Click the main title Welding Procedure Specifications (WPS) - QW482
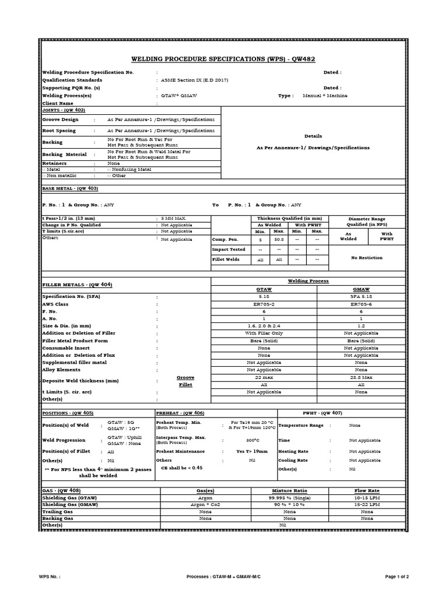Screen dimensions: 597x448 [224, 59]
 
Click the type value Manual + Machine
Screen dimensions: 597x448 [325, 95]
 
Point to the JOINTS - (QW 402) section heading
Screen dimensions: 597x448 [64, 110]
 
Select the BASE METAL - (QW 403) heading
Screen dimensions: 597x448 [70, 189]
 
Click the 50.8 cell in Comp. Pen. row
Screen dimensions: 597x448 [279, 240]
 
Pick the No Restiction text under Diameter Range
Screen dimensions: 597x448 [366, 257]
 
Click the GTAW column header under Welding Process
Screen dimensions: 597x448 [264, 289]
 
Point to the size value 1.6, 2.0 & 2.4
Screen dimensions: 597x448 [264, 326]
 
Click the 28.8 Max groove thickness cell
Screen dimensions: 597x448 [361, 378]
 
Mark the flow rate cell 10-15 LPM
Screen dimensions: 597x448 [367, 497]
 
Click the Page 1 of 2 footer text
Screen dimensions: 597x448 [401, 577]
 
